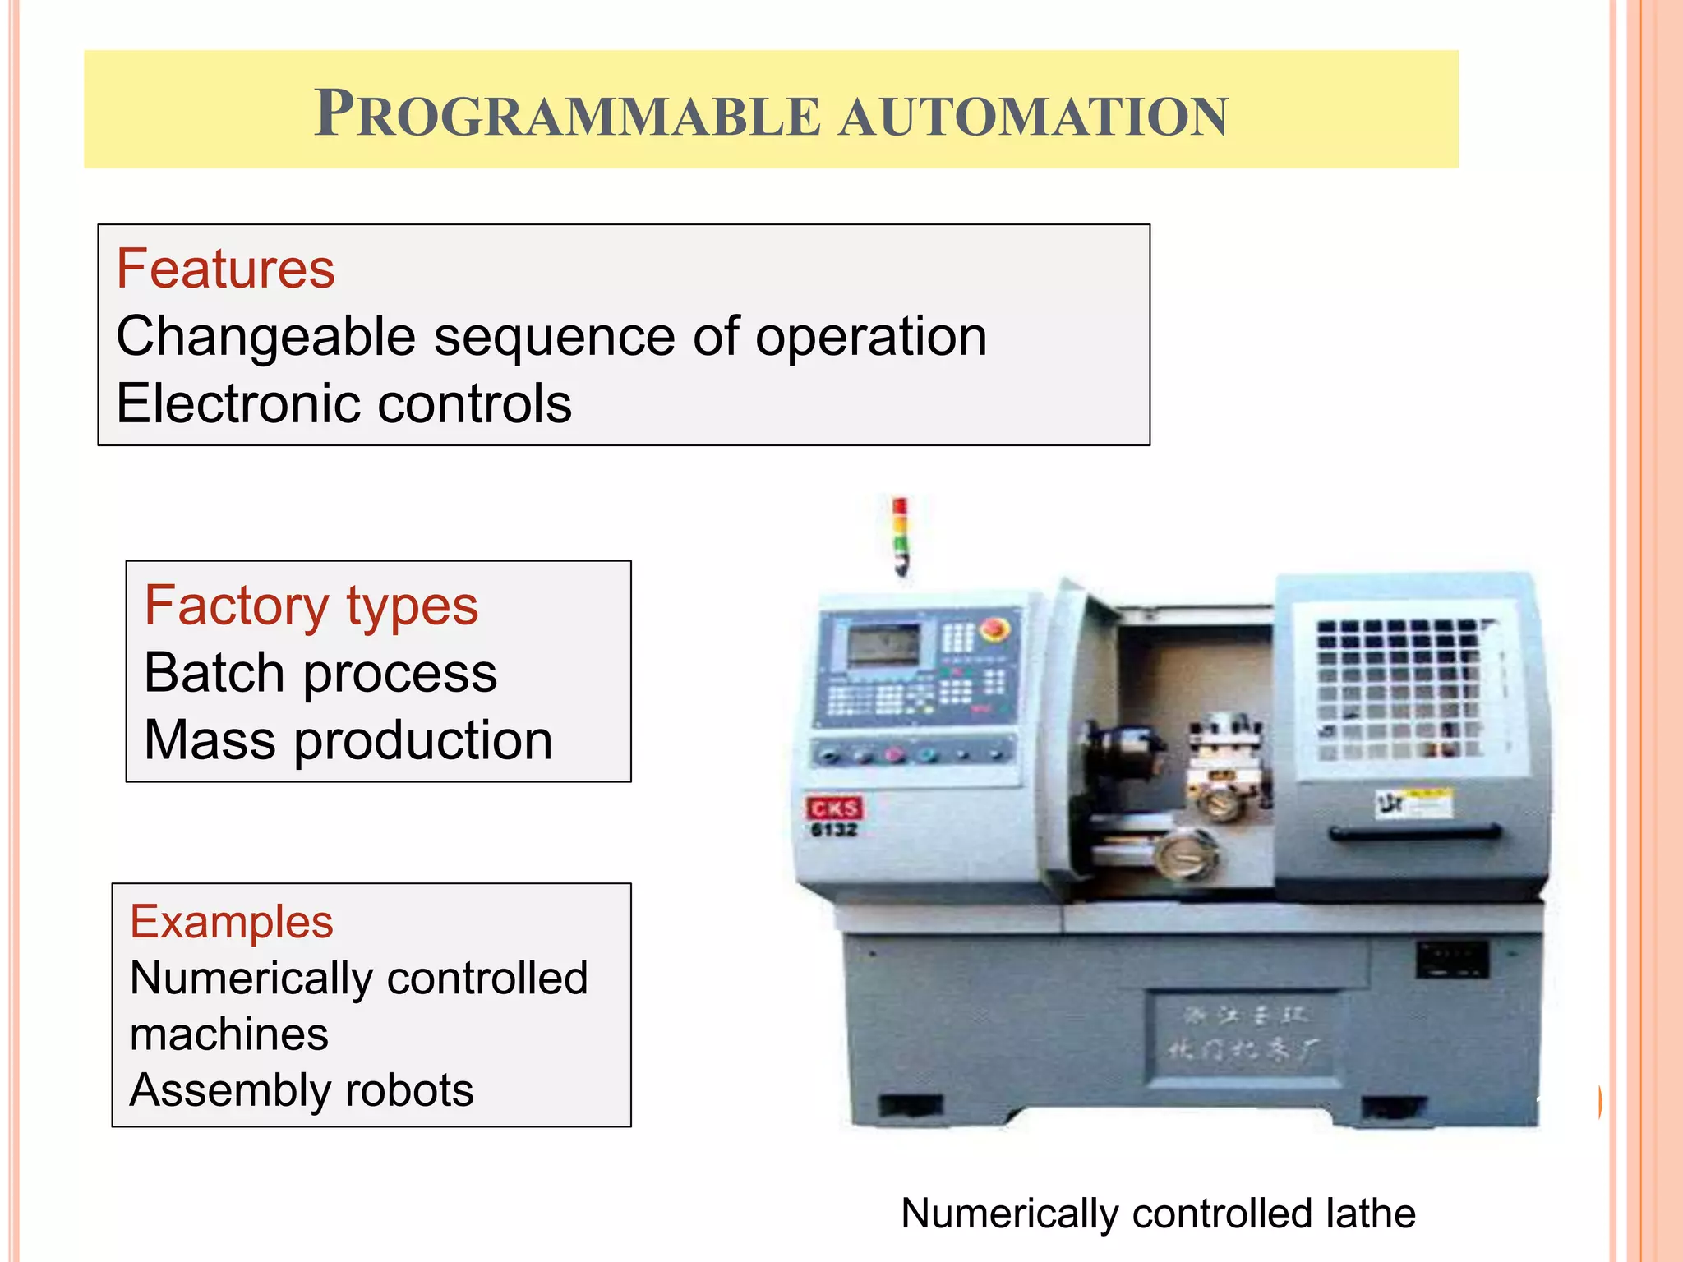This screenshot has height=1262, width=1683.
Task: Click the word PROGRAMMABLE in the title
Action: [x=567, y=115]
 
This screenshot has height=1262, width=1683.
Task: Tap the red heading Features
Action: [x=225, y=269]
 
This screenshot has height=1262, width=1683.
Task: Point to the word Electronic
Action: [x=238, y=403]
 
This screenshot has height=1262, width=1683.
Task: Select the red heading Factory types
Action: [x=311, y=606]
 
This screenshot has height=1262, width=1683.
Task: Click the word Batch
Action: [x=214, y=673]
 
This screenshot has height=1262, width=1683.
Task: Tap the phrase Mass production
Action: [x=348, y=740]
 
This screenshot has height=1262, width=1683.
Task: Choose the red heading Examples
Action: [x=232, y=922]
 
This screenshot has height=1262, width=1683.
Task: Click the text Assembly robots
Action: [x=301, y=1090]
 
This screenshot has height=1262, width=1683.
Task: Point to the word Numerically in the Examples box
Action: [x=250, y=979]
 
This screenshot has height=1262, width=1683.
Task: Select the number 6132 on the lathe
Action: [x=833, y=831]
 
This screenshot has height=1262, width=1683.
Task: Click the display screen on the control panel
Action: [x=883, y=645]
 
